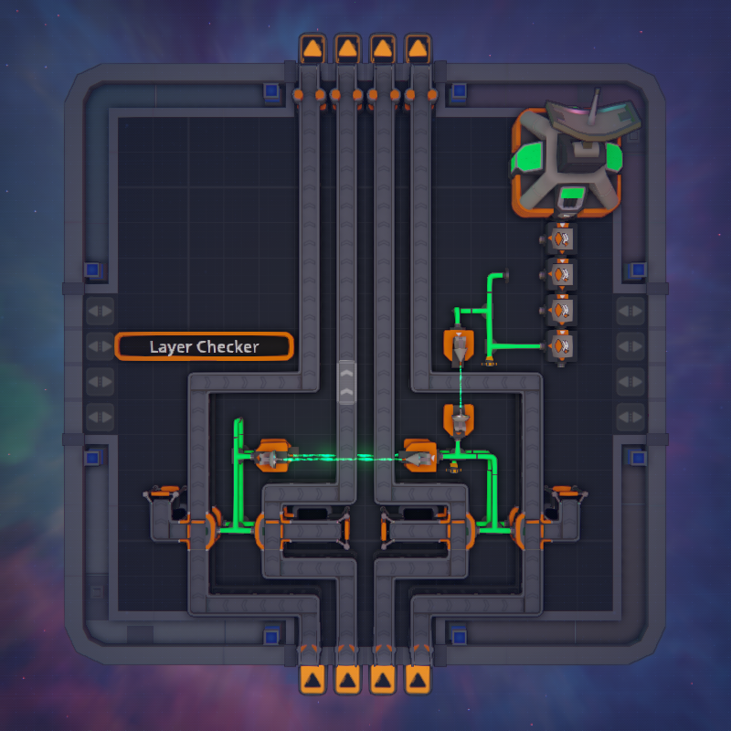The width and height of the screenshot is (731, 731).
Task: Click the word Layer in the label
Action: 170,347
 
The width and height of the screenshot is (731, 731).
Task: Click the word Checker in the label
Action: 228,346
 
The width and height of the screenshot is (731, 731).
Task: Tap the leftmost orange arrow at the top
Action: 313,48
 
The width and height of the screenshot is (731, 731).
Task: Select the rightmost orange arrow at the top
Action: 418,48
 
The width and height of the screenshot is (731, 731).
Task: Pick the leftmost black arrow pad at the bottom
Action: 313,679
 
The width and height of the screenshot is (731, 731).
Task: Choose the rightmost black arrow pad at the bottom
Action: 418,679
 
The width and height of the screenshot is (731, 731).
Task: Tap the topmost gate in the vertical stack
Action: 561,239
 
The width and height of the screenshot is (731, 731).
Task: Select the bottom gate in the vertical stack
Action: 561,346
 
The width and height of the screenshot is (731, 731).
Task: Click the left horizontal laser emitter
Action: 271,456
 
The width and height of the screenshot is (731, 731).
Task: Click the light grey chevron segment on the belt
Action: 346,382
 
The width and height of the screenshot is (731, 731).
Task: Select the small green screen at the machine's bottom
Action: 572,193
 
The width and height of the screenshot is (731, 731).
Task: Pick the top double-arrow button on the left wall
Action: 101,311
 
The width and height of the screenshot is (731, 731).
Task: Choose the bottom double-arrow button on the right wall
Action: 630,417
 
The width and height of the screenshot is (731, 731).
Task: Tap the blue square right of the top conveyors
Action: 460,90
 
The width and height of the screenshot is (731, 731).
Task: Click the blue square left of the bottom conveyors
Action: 271,636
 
